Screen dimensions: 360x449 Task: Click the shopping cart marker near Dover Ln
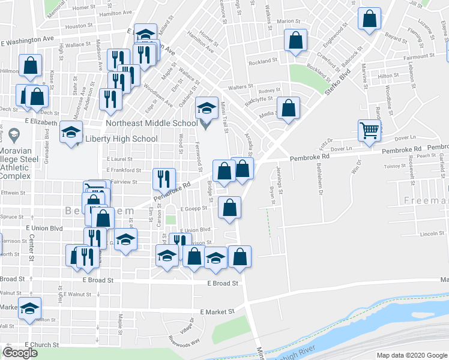(369, 130)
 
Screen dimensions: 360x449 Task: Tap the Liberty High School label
(122, 139)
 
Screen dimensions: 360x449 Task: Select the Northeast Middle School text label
(152, 123)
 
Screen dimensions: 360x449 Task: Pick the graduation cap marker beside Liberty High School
(71, 131)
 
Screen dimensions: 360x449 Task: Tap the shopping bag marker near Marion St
(295, 41)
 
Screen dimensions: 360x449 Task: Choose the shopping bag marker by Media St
(289, 109)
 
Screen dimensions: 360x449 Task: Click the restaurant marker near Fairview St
(163, 178)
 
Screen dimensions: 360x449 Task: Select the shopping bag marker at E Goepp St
(229, 208)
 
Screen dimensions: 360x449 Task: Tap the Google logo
(20, 353)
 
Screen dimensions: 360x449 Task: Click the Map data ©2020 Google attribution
(411, 355)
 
